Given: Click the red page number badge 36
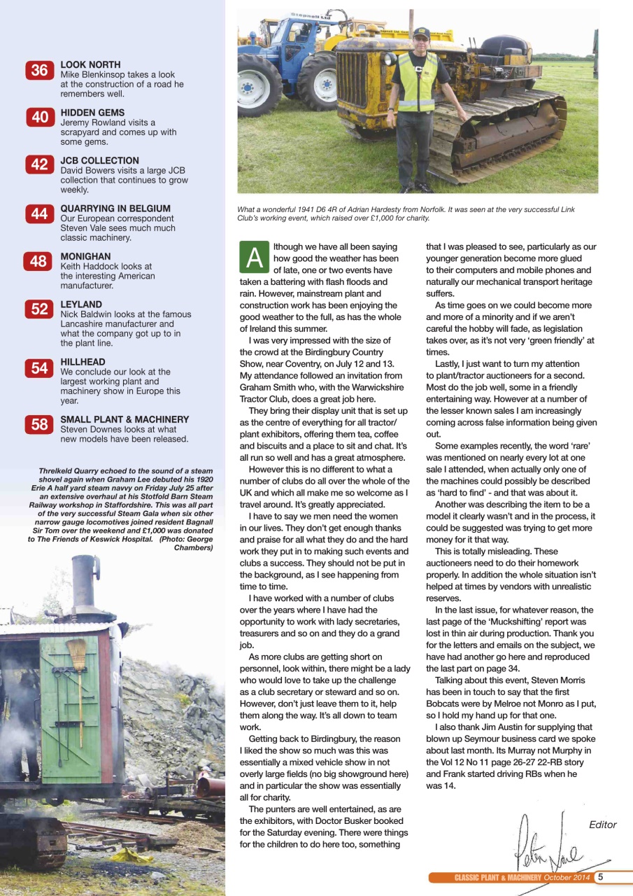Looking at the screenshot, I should point(39,70).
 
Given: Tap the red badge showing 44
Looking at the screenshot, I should point(39,214).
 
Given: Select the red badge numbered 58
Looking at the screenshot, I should point(39,425).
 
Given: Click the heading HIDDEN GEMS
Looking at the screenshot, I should point(92,113).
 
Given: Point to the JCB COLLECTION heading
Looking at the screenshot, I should point(99,160).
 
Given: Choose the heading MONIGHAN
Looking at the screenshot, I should point(85,257).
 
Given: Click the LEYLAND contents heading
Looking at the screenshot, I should point(82,304).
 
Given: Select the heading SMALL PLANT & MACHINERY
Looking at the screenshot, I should point(125,419).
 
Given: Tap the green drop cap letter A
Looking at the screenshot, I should point(254,258).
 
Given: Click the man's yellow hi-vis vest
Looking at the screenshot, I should point(417,83).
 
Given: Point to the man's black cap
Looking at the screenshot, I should point(421,32).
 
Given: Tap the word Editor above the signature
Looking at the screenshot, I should point(602,825).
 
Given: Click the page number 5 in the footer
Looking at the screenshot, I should point(601,877).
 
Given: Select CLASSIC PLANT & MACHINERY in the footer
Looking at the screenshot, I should point(497,878).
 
